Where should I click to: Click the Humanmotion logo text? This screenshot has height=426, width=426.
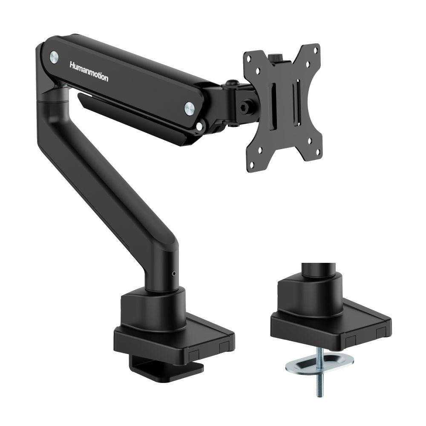tap(89, 72)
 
